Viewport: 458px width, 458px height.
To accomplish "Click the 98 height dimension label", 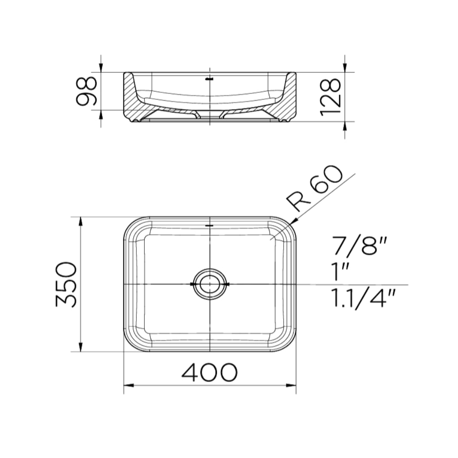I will [x=87, y=91].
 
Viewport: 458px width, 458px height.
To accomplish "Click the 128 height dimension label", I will [x=331, y=97].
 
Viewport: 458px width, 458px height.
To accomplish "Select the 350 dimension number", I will [x=66, y=284].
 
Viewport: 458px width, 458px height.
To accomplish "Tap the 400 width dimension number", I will [x=210, y=373].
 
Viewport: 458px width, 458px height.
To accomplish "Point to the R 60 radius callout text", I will [x=315, y=188].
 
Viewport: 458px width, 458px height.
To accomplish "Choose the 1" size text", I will [x=339, y=273].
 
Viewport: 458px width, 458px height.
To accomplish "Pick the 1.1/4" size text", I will [x=362, y=299].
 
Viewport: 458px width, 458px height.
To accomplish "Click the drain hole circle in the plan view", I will [x=210, y=284].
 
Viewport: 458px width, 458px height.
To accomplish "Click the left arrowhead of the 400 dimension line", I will [x=128, y=385].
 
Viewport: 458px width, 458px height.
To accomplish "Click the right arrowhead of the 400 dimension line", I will [x=292, y=385].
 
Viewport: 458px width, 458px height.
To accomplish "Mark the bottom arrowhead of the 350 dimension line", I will [x=81, y=348].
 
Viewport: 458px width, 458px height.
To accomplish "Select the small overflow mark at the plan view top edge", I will [x=210, y=226].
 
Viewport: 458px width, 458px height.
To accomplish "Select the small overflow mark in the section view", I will [x=210, y=79].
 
